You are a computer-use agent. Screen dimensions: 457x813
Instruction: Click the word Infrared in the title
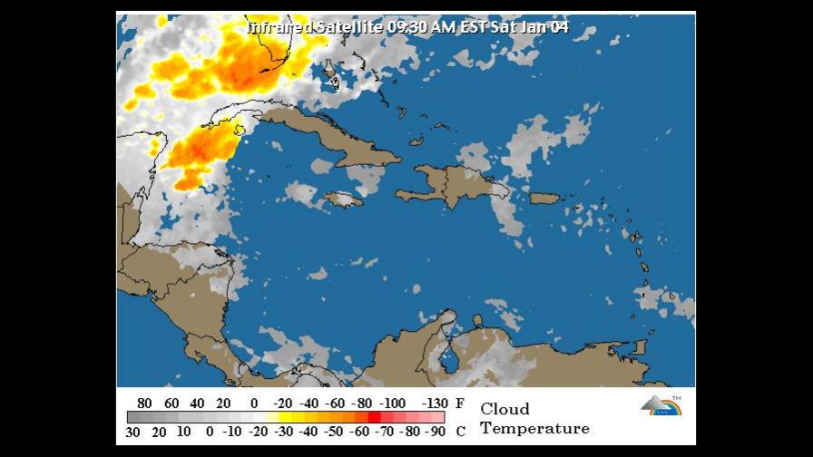280,27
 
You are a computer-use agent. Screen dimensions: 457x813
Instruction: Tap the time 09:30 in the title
408,27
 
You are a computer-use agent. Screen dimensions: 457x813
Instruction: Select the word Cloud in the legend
504,409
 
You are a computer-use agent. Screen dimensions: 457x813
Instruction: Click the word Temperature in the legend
534,429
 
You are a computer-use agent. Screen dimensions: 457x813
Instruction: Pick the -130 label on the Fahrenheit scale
436,404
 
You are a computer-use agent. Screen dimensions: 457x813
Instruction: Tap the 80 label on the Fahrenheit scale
144,404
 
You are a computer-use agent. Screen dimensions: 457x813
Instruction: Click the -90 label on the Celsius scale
436,432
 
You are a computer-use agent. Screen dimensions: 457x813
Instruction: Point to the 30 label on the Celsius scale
133,432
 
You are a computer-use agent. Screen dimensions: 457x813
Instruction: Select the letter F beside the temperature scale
460,404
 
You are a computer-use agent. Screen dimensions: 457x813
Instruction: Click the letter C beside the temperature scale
460,432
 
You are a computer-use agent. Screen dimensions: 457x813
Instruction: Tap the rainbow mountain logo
661,405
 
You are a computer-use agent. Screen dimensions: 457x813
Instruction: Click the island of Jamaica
344,199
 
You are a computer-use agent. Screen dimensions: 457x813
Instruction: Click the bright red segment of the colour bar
374,417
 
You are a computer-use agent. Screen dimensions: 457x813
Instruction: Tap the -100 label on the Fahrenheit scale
393,404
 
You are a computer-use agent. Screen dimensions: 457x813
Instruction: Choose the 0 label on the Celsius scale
210,432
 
